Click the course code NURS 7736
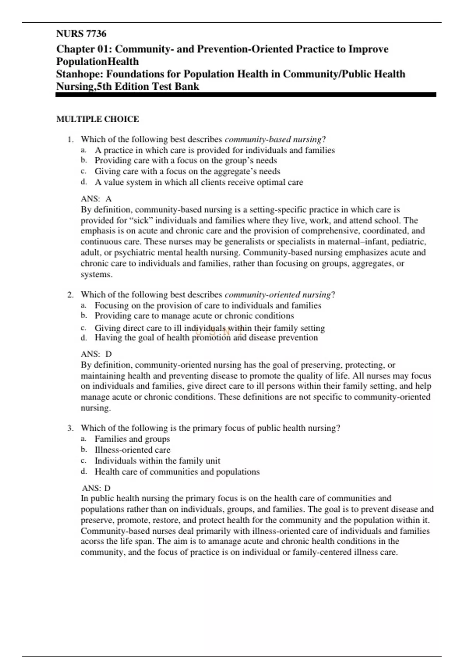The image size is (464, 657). pos(81,34)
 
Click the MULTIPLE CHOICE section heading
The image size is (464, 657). pos(97,119)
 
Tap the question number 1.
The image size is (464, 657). pos(70,140)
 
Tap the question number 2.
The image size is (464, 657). pos(70,295)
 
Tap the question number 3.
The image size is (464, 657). pos(70,428)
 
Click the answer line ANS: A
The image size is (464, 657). pos(96,199)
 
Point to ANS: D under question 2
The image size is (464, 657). pos(96,354)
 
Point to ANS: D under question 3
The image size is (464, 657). pos(96,488)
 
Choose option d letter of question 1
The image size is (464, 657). pos(84,182)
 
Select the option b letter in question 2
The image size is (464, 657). pos(84,315)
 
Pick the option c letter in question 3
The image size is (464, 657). pos(84,461)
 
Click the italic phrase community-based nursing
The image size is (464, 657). pos(273,140)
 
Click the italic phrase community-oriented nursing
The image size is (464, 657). pos(278,295)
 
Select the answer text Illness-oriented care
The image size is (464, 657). pos(132,450)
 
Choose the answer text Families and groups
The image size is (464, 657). pos(132,439)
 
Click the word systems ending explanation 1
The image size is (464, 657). pos(96,275)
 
